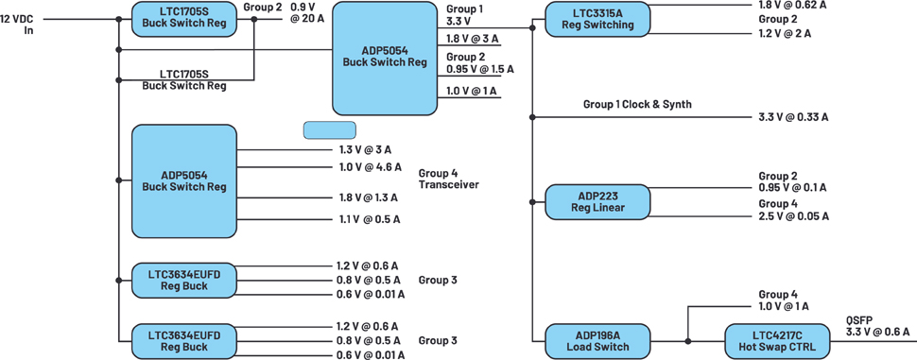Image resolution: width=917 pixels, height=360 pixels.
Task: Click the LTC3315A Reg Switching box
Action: (x=597, y=19)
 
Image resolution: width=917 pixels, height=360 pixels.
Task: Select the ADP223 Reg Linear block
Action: (x=597, y=202)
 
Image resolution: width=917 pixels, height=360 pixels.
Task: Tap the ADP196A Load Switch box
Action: (x=597, y=341)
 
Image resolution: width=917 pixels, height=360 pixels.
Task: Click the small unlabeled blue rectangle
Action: (x=329, y=130)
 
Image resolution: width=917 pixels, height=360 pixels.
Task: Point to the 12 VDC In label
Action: (x=21, y=25)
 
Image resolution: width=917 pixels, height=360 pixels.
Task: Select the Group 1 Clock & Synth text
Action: (x=637, y=105)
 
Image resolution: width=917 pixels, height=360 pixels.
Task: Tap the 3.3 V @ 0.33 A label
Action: (x=790, y=117)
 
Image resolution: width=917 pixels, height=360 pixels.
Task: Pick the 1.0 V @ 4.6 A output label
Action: (x=371, y=167)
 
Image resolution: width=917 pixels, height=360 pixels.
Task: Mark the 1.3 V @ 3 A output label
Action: (x=366, y=149)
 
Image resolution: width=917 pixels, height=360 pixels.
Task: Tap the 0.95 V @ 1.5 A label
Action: (x=479, y=69)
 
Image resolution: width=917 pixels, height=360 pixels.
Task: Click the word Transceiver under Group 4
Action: (x=448, y=184)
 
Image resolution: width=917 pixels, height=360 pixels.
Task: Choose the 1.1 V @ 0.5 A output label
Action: (x=368, y=220)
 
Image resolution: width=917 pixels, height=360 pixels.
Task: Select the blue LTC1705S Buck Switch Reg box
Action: (x=183, y=19)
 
